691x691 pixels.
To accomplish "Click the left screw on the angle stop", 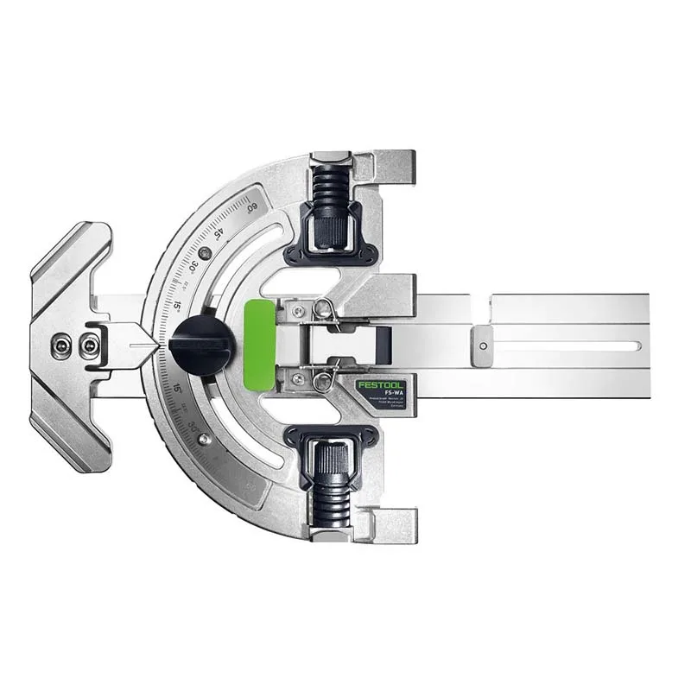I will coord(60,345).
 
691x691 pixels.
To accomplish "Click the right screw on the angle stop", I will coord(86,345).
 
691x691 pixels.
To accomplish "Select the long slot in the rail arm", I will coord(566,345).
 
